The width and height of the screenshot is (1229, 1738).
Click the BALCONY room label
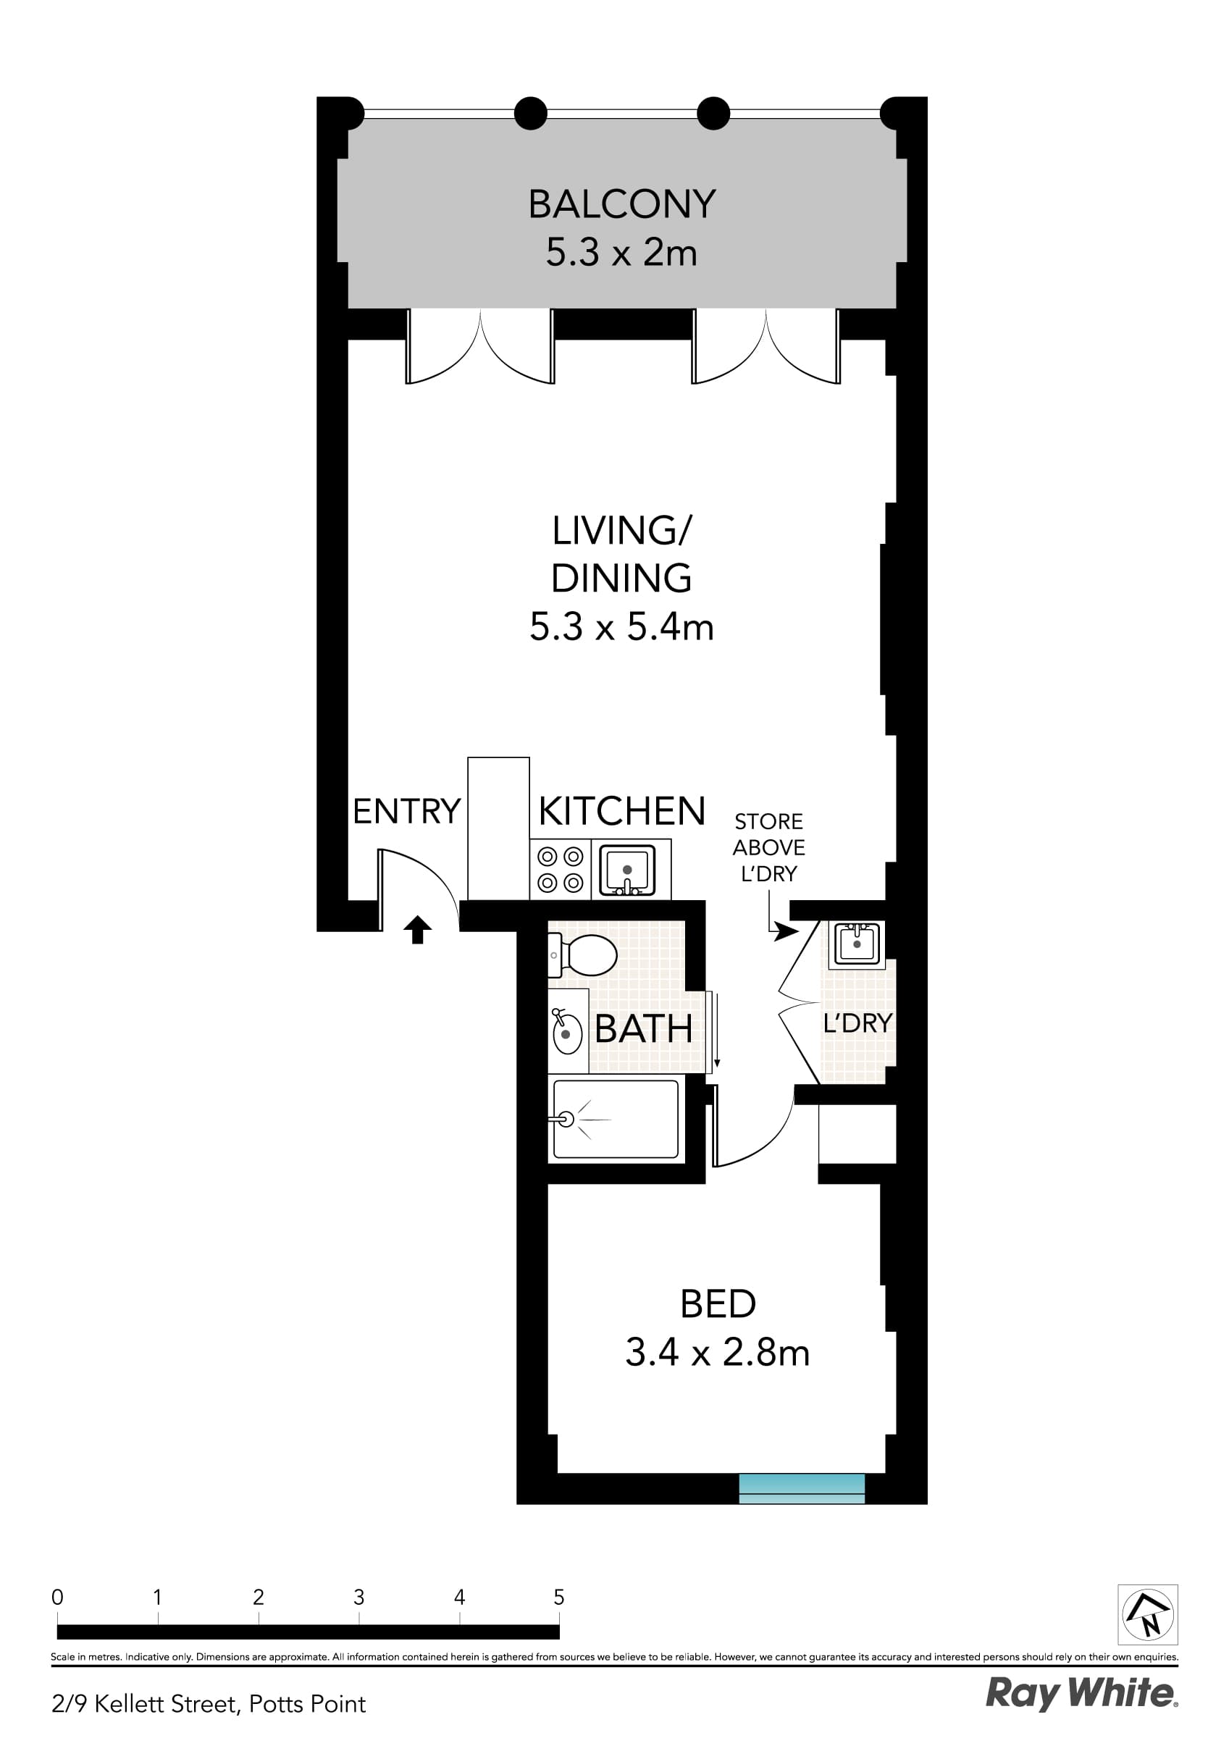[621, 203]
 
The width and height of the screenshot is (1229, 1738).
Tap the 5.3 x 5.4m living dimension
[621, 628]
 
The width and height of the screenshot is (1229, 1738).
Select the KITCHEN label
[621, 812]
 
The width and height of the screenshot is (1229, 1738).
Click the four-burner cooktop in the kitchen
[561, 869]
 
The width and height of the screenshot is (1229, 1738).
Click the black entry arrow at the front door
[417, 929]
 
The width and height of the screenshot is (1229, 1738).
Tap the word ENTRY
[406, 812]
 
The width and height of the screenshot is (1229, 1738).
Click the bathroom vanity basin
[566, 1033]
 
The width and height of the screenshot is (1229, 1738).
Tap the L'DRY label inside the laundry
[857, 1023]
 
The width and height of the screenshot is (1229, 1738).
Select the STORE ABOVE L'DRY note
[768, 847]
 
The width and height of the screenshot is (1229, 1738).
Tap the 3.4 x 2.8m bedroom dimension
[717, 1353]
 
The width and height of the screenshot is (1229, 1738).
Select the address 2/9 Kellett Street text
[209, 1704]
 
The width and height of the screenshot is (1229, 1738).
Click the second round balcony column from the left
[530, 114]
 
